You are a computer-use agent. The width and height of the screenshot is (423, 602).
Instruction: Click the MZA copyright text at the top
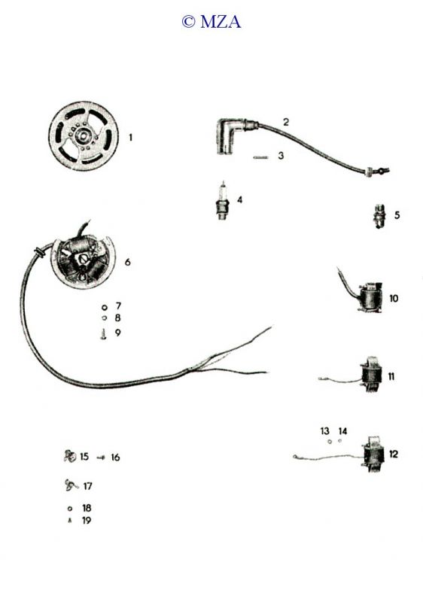point(211,22)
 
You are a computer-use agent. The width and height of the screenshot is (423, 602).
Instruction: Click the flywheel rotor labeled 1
point(84,136)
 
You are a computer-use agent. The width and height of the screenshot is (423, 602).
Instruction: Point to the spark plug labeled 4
point(223,201)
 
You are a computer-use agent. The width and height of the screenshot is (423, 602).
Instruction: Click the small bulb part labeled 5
point(379,217)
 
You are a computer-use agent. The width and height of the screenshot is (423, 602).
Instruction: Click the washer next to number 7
point(104,308)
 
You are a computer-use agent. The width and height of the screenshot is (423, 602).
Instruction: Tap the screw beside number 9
point(103,334)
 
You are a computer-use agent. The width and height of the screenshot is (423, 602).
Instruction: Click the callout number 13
point(324,431)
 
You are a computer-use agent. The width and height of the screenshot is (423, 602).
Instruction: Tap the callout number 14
point(342,431)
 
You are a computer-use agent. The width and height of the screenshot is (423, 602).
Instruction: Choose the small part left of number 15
point(70,456)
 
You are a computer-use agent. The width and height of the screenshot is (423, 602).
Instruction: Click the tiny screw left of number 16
point(101,458)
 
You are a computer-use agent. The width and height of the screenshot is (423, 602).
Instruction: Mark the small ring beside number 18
point(70,509)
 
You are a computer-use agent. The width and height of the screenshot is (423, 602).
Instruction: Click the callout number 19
point(87,521)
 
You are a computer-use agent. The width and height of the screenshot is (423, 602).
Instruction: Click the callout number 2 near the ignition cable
point(285,122)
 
